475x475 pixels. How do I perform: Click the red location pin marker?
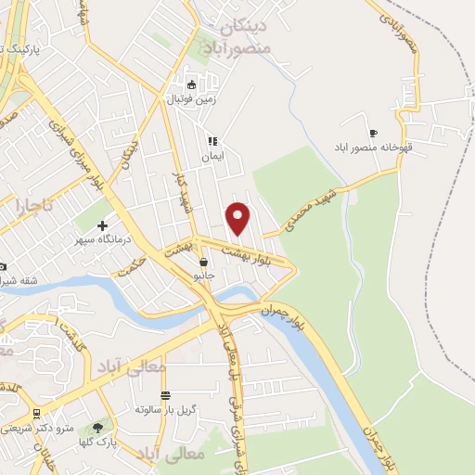point(238,218)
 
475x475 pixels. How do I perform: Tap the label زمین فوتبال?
point(190,96)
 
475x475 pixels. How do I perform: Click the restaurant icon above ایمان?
point(212,141)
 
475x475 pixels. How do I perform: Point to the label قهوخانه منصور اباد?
point(376,148)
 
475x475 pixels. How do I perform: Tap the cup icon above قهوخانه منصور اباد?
point(374,133)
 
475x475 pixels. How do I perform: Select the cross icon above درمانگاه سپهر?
point(102,225)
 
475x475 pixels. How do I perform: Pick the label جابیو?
point(203,276)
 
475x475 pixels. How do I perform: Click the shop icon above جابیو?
point(203,263)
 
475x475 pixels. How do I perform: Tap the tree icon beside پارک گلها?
point(97,428)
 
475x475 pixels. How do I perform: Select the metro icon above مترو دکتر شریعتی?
point(36,414)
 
